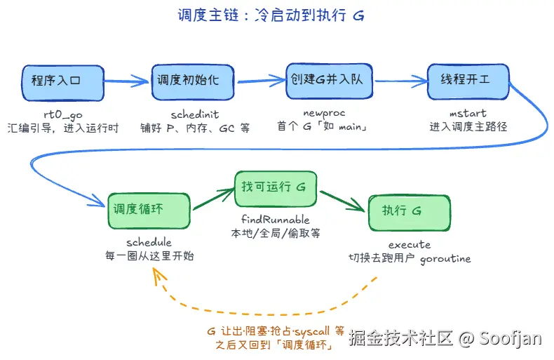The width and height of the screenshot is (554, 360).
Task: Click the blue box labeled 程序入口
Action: pos(63,83)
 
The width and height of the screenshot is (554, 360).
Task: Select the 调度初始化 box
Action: pos(193,82)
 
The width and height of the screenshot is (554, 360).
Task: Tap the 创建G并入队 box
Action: pos(330,81)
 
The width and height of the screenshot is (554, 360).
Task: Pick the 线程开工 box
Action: pos(468,81)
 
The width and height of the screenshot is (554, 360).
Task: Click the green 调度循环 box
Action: pos(149,211)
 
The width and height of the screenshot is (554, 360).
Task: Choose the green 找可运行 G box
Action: pos(276,189)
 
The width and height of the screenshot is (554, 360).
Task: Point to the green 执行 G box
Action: pos(409,213)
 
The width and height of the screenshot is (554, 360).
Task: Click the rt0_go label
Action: pos(63,114)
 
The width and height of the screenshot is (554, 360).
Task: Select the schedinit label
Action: pos(195,114)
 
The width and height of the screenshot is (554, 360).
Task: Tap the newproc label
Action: pos(324,113)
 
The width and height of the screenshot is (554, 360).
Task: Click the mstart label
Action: pos(468,113)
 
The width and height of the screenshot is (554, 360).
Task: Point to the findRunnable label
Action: pos(275,219)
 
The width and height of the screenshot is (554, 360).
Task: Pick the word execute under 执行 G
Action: pos(410,244)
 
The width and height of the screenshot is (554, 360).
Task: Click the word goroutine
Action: pos(445,259)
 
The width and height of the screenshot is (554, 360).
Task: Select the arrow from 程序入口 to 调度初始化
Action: pos(126,81)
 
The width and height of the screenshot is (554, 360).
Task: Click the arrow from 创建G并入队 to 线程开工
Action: pos(401,81)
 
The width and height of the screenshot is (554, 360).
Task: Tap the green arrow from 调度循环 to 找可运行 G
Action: pos(213,199)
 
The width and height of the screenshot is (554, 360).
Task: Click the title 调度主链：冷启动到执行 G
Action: pos(271,15)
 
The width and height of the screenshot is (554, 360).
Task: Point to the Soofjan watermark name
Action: pos(511,338)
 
